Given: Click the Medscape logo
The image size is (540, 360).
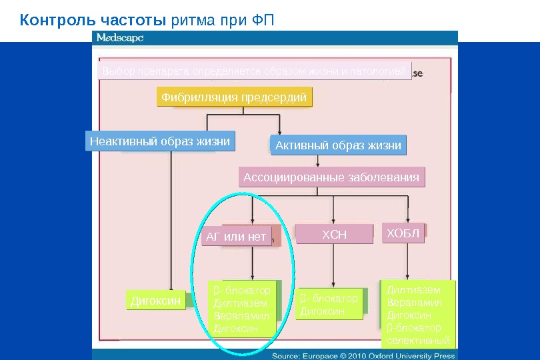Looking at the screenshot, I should pyautogui.click(x=120, y=39).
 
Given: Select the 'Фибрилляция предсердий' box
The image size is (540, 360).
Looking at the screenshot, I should pyautogui.click(x=235, y=98).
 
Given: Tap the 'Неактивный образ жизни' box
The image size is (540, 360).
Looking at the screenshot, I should pyautogui.click(x=160, y=141).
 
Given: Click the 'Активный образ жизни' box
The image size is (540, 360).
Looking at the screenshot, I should pyautogui.click(x=339, y=145).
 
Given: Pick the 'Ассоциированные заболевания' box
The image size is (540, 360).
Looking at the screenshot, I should pyautogui.click(x=331, y=177).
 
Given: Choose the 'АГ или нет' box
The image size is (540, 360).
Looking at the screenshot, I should pyautogui.click(x=236, y=237).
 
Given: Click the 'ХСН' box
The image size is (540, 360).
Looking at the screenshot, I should pyautogui.click(x=335, y=234).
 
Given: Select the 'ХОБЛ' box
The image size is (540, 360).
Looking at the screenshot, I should pyautogui.click(x=403, y=232).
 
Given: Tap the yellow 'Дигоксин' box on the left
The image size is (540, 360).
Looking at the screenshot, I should pyautogui.click(x=155, y=301).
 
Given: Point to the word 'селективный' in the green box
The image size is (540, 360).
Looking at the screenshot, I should pyautogui.click(x=418, y=341).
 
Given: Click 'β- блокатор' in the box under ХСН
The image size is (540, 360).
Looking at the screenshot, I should pyautogui.click(x=329, y=299).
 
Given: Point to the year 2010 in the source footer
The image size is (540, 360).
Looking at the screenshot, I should pyautogui.click(x=361, y=356).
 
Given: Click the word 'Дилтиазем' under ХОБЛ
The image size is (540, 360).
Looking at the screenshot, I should pyautogui.click(x=413, y=290).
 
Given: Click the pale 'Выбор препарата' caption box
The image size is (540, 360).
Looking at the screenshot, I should pyautogui.click(x=253, y=71).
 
